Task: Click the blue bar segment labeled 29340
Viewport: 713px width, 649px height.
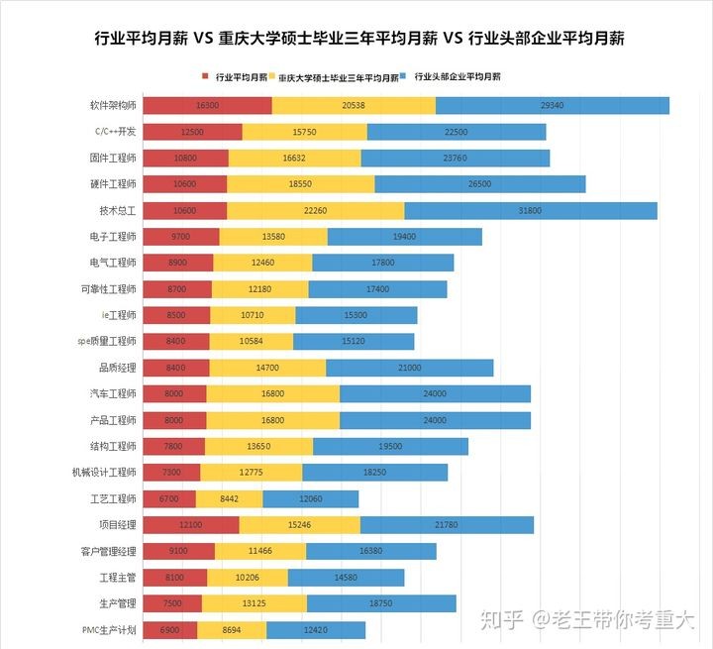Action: (x=553, y=105)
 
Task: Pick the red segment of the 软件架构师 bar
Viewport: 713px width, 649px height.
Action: (x=207, y=105)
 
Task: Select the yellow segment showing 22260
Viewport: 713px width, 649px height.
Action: (x=315, y=210)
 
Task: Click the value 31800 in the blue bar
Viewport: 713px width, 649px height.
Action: (x=530, y=210)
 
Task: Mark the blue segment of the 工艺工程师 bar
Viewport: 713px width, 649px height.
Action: (x=310, y=498)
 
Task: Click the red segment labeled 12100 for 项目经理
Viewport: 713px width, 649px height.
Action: (x=191, y=525)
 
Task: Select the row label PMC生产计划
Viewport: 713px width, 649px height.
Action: (x=109, y=630)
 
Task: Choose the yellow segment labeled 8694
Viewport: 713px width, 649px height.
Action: (x=231, y=630)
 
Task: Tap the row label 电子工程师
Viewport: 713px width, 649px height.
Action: (x=113, y=236)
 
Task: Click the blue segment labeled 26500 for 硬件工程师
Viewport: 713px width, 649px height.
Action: (x=479, y=183)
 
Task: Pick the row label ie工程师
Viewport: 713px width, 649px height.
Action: (x=118, y=315)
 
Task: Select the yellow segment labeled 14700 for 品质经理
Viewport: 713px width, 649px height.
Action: (x=267, y=368)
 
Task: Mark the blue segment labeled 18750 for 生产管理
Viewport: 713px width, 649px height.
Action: (x=381, y=603)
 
